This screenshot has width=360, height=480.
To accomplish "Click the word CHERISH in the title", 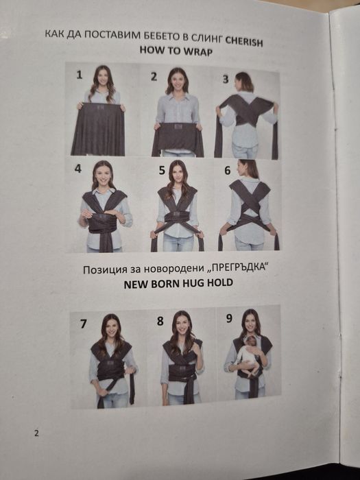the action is (x=244, y=41).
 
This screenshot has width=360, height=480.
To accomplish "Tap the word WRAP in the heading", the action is (x=197, y=51).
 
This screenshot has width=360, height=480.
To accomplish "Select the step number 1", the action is (x=80, y=75).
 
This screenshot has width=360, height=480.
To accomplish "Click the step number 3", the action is (x=226, y=79).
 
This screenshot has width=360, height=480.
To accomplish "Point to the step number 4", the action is (x=78, y=169).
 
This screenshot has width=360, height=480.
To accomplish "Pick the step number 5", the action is (x=162, y=170).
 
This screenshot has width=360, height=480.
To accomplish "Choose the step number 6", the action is (x=228, y=170).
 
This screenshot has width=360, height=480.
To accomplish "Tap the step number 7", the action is (x=83, y=324).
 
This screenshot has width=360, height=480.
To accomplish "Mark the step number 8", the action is (x=160, y=321).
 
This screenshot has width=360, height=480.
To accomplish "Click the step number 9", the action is (x=229, y=318).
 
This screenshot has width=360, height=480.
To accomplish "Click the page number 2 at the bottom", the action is (x=36, y=433).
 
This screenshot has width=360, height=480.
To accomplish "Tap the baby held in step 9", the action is (x=250, y=355).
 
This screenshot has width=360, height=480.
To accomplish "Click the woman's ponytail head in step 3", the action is (x=244, y=82).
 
